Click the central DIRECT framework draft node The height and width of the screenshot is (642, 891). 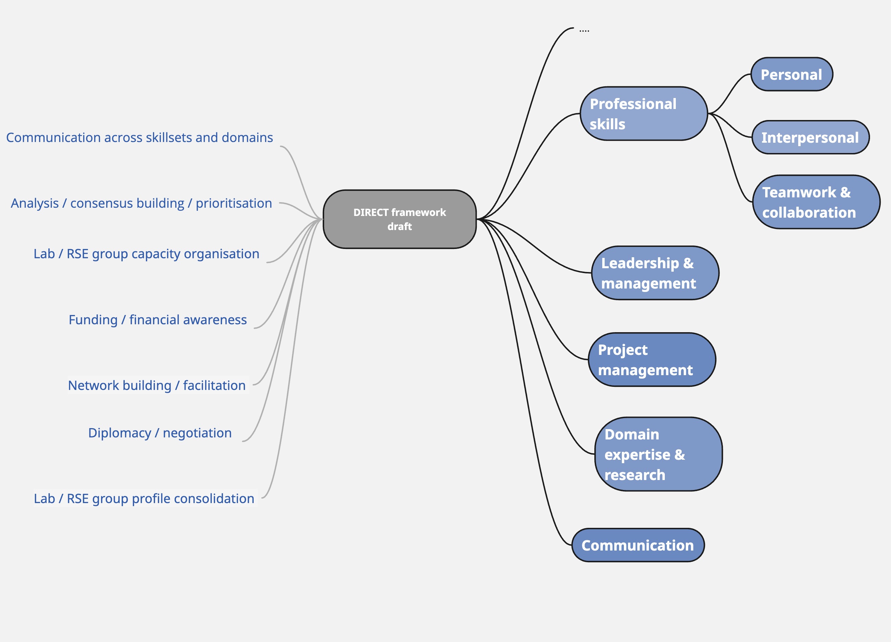coord(399,219)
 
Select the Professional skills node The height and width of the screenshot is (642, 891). coord(643,113)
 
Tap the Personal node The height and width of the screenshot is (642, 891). coord(791,74)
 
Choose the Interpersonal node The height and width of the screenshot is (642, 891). coord(810,138)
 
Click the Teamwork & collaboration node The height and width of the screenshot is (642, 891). coord(816,202)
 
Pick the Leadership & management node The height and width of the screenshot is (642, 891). coord(655,273)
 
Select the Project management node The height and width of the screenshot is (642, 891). coord(652,359)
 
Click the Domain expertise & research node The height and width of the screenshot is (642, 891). coord(658,454)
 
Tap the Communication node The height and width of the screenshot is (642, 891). coord(638,545)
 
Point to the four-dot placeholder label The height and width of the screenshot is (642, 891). coord(584,30)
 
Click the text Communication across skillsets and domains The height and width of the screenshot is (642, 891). coord(140,138)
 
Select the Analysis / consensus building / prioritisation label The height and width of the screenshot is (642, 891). coord(141,203)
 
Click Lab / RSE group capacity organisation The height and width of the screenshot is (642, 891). coord(146,254)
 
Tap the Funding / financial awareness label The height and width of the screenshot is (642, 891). coord(157,320)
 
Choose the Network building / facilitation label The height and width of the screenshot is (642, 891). coord(157,385)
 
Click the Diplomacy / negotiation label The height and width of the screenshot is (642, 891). coord(160,433)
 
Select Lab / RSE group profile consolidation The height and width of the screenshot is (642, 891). coord(144,498)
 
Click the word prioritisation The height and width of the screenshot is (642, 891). coord(234,203)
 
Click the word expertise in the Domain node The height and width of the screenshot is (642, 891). coord(637,455)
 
